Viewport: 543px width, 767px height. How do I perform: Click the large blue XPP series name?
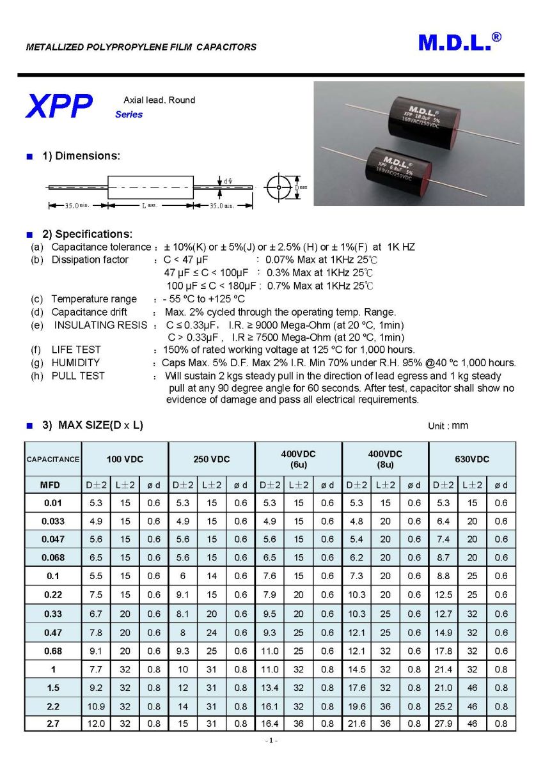[x=59, y=106]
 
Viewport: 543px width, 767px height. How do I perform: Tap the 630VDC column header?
[x=471, y=459]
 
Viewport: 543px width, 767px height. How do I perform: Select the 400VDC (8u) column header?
[x=385, y=459]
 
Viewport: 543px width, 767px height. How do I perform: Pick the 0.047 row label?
[x=53, y=539]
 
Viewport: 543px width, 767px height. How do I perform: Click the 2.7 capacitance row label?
[x=53, y=724]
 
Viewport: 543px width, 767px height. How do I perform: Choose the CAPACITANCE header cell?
[x=53, y=459]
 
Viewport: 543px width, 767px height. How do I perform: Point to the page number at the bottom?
[x=271, y=740]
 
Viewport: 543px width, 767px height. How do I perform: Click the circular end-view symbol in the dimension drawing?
[x=279, y=187]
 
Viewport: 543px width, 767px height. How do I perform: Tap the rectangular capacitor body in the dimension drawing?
[x=150, y=187]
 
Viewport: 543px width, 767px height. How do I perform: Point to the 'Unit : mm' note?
[x=448, y=426]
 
